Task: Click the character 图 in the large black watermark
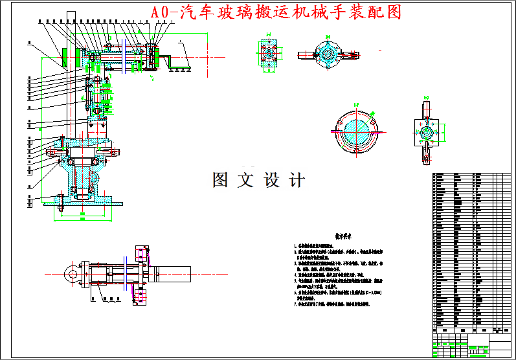[221, 180]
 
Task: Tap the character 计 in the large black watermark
[296, 180]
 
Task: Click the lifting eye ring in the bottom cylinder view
[70, 273]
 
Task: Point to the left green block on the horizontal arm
[67, 58]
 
